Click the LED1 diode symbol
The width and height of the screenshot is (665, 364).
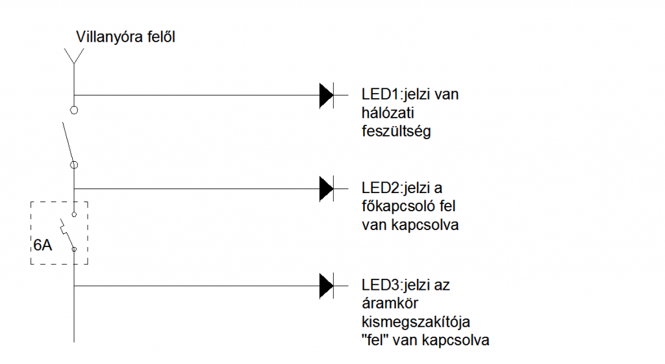point(327,96)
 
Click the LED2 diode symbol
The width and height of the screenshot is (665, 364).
point(327,188)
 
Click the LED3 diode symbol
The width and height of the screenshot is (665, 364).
point(327,286)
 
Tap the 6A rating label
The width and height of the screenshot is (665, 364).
point(42,245)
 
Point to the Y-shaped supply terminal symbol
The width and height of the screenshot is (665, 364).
point(74,56)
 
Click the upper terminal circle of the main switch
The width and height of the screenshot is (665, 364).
point(74,110)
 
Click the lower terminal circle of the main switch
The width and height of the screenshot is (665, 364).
point(74,165)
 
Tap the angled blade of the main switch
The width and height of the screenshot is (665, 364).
point(68,142)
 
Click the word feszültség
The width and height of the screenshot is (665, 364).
point(396,131)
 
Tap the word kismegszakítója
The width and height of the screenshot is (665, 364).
point(416,322)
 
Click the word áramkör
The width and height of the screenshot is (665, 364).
point(390,304)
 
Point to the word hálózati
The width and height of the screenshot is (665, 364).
point(388,113)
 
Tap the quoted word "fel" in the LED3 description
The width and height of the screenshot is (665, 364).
point(375,340)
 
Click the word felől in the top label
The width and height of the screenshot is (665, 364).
point(161,37)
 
